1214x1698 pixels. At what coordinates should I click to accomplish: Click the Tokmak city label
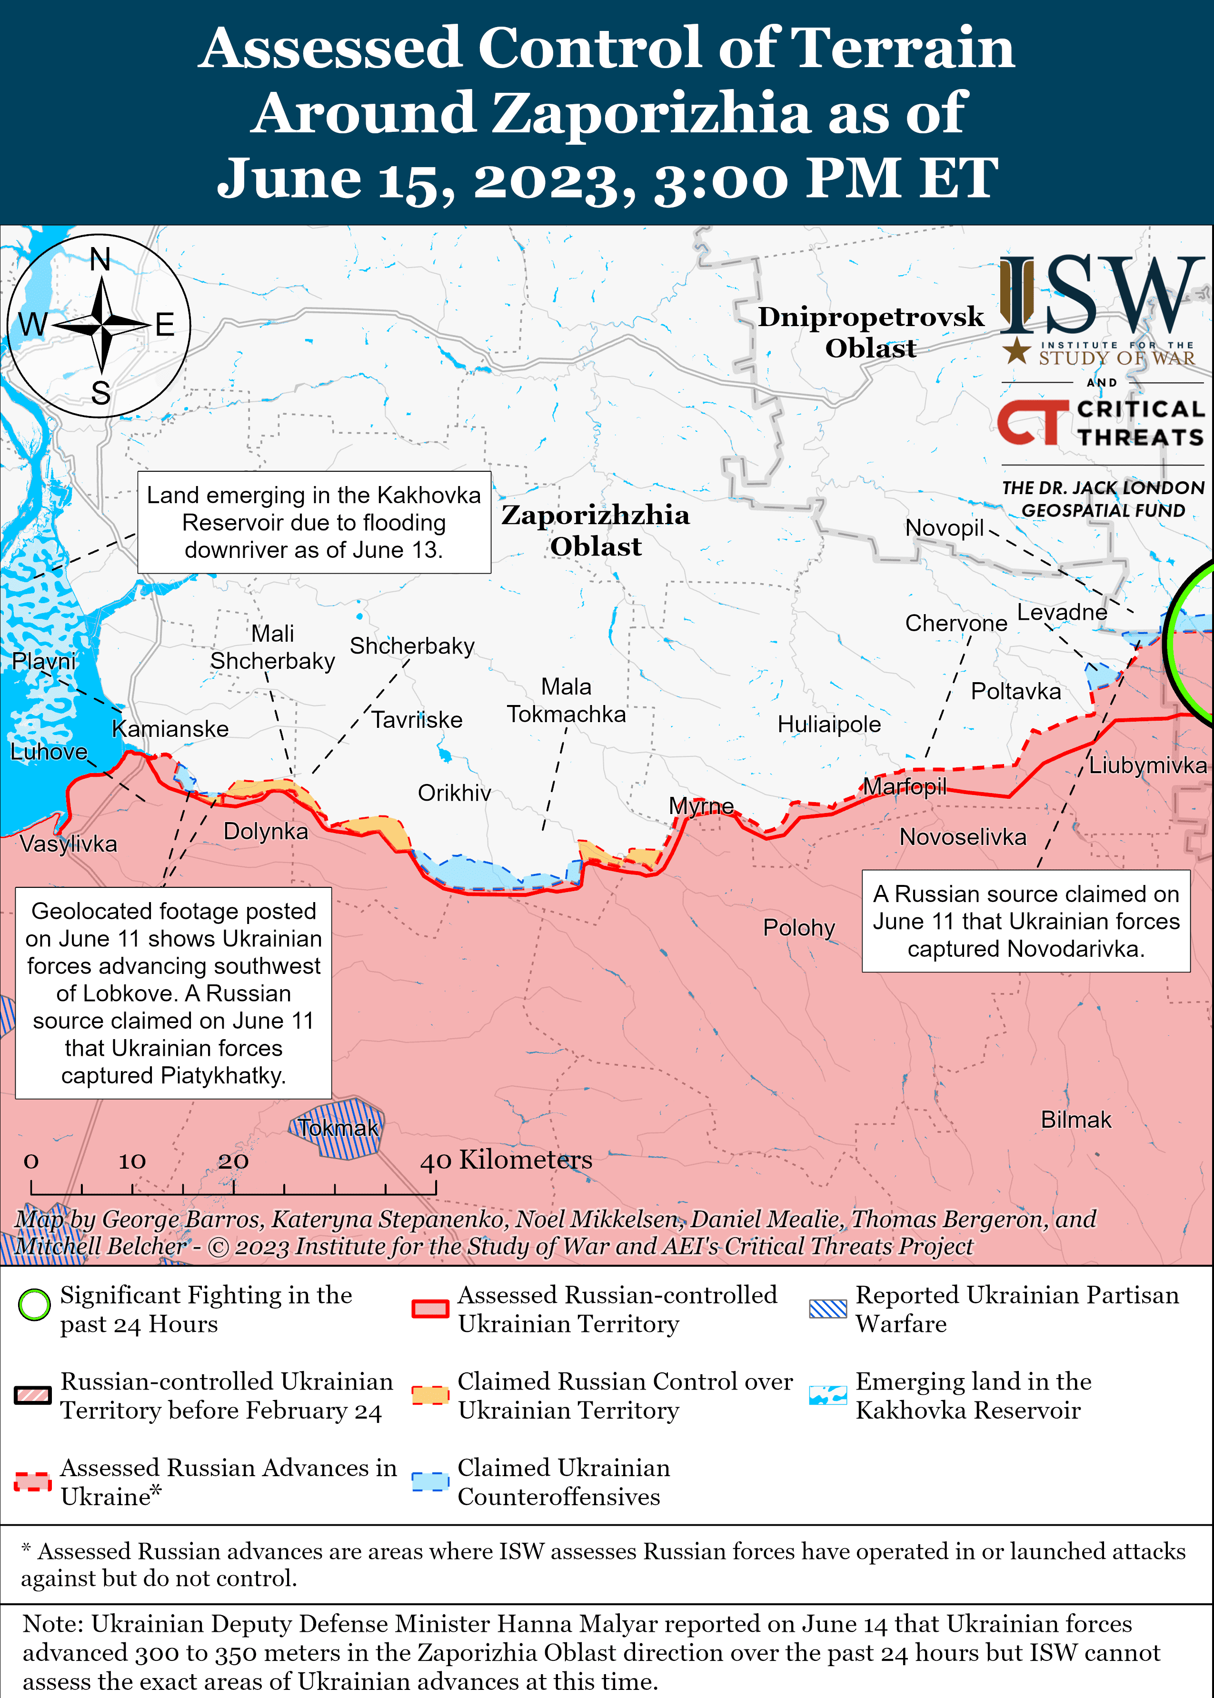(338, 1128)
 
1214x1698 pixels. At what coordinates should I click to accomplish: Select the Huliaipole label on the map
(828, 724)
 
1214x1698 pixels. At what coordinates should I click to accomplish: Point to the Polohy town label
(798, 927)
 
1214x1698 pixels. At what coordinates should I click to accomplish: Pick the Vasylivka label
(68, 844)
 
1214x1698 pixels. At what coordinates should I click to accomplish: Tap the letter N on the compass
(100, 260)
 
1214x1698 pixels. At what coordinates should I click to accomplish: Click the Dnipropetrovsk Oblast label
(870, 332)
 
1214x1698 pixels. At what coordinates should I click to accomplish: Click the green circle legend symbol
(34, 1304)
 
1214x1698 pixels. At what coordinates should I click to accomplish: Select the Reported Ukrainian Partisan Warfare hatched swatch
(827, 1308)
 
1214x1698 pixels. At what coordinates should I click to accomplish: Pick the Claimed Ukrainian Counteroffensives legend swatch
(430, 1481)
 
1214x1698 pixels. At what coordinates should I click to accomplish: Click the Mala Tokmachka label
(566, 700)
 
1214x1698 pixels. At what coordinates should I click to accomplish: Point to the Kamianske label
(170, 729)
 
